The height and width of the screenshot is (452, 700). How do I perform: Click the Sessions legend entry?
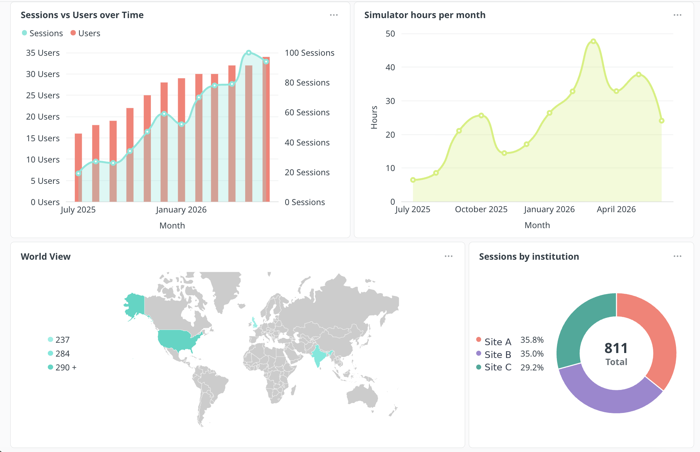42,33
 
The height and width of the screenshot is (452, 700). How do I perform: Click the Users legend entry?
85,33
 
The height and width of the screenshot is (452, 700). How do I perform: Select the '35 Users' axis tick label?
43,53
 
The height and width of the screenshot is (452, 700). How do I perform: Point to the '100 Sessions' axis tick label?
310,53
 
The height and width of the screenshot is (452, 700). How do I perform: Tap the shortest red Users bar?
78,167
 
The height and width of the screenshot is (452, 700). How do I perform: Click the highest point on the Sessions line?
249,53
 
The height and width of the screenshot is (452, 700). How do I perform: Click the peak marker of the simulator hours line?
593,42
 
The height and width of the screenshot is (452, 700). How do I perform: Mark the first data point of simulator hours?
413,180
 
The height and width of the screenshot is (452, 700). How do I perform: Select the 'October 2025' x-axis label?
481,209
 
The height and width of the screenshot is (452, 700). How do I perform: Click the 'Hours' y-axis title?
374,117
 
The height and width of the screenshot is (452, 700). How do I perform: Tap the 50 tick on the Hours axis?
390,34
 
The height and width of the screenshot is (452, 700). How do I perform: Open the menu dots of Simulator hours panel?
677,15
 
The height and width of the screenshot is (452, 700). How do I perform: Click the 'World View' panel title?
46,257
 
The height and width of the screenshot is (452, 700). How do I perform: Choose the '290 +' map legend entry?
62,367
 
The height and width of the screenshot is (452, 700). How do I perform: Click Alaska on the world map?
135,305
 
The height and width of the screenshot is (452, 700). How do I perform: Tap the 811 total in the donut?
616,348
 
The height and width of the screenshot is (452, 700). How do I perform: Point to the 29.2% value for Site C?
532,367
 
